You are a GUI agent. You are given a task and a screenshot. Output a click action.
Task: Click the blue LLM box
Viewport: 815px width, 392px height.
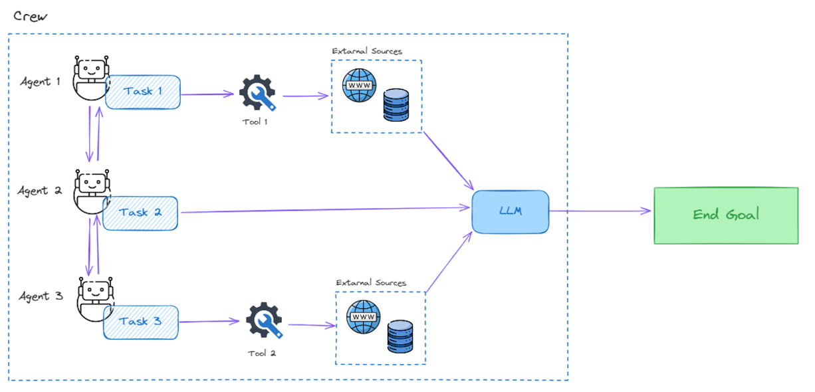[511, 211]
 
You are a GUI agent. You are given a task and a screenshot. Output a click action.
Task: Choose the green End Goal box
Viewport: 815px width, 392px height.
[725, 215]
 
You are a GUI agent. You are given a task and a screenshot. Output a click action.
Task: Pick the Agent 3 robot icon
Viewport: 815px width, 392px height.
[95, 298]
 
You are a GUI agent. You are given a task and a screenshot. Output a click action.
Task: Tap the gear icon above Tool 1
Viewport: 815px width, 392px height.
[257, 93]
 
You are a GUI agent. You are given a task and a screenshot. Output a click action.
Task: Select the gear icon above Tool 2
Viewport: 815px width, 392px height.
[264, 321]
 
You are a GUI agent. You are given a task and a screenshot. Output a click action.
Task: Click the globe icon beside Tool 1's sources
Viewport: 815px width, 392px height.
[359, 86]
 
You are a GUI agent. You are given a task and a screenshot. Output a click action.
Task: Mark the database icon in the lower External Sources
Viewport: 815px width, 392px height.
[400, 337]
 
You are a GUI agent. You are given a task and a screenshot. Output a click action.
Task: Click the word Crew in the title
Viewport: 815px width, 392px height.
[31, 16]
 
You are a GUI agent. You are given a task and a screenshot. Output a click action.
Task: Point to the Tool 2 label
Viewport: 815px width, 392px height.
[261, 353]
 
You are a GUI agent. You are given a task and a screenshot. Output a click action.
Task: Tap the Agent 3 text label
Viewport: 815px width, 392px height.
[41, 296]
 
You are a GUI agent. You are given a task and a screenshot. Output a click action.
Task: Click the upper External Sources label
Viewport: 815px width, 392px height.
[367, 51]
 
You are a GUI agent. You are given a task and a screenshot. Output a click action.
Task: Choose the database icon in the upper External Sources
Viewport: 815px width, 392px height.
[396, 106]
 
